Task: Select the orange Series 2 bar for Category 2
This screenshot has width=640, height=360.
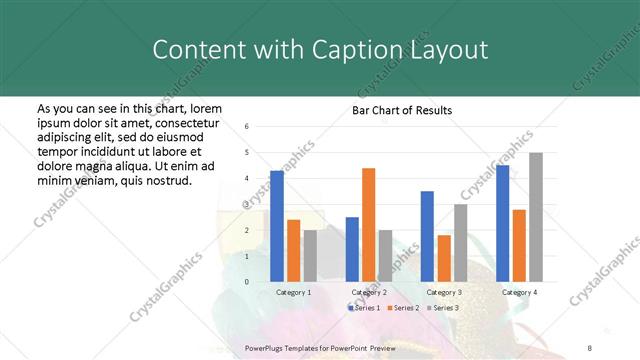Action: pos(368,225)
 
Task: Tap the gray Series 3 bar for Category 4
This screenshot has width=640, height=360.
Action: pos(536,217)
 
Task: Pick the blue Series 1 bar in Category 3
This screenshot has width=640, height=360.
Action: pos(427,236)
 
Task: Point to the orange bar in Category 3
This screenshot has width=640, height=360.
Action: pos(443,258)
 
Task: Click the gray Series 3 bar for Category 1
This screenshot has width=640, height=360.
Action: pos(310,256)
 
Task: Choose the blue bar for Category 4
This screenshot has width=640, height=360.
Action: pos(502,223)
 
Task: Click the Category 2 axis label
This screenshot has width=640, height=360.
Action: pos(369,292)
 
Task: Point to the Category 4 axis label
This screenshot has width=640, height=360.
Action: pos(519,292)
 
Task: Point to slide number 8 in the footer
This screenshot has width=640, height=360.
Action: pos(589,345)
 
